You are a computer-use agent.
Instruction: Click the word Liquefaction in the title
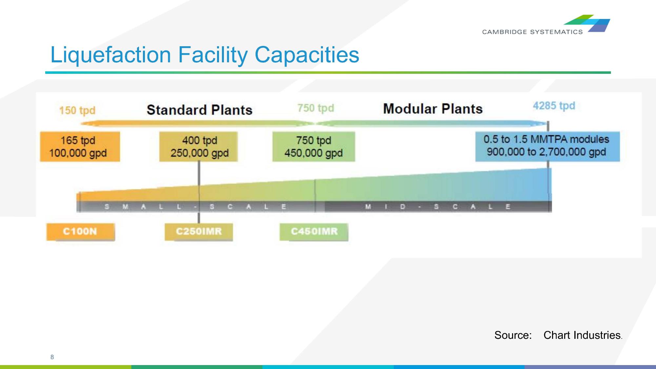click(x=111, y=55)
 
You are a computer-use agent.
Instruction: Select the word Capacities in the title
click(x=307, y=55)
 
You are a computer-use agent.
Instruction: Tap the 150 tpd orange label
click(x=77, y=110)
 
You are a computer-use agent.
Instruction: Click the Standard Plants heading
click(x=199, y=110)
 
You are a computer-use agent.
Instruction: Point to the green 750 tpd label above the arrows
click(x=315, y=108)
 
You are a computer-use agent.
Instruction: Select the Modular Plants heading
click(x=433, y=109)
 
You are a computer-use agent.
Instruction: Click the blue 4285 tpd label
click(x=554, y=106)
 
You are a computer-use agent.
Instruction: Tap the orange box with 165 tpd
click(x=80, y=147)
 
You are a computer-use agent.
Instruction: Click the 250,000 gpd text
click(x=199, y=153)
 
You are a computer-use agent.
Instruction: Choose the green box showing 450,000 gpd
click(x=313, y=147)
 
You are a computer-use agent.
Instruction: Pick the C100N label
click(x=80, y=232)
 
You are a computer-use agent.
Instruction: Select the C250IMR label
click(x=199, y=232)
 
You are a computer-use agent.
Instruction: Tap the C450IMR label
click(x=314, y=232)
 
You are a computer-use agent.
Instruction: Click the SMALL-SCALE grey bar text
click(x=195, y=207)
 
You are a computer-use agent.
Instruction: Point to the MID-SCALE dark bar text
click(x=438, y=207)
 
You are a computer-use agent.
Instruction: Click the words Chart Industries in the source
click(x=582, y=335)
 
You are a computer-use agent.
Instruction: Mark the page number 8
click(x=52, y=357)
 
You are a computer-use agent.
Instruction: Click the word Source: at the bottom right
click(x=513, y=335)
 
